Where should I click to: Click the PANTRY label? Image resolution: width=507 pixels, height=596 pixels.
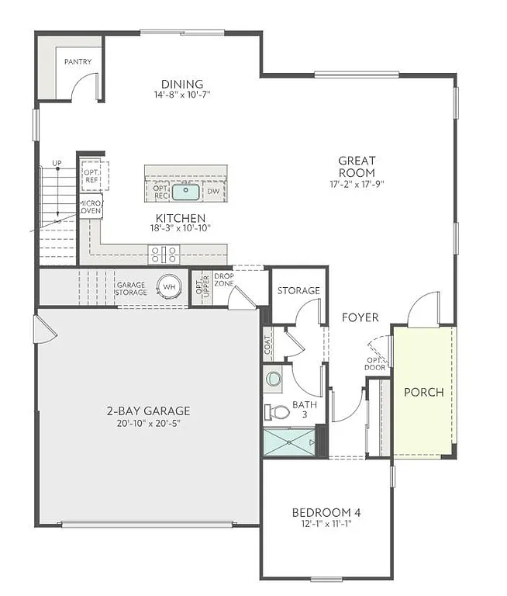(x=78, y=61)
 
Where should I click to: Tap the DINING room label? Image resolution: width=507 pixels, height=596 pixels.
(x=182, y=84)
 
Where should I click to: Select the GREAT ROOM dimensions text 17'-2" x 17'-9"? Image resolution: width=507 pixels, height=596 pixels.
(x=357, y=184)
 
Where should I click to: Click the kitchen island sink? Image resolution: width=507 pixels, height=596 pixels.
(x=185, y=190)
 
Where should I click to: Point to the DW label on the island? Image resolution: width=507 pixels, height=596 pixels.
(x=213, y=190)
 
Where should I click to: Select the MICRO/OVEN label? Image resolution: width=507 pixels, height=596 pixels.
(x=90, y=206)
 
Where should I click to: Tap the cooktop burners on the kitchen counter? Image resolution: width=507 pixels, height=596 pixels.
(x=164, y=254)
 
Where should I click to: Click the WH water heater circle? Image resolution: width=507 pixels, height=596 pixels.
(x=169, y=286)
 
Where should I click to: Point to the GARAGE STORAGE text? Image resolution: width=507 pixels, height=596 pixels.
(x=131, y=289)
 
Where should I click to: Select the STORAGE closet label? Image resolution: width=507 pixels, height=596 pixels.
(x=298, y=290)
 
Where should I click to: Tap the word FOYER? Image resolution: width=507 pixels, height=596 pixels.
(x=360, y=317)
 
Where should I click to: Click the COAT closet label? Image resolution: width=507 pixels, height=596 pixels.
(x=268, y=341)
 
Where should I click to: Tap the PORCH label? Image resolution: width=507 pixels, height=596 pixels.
(x=424, y=392)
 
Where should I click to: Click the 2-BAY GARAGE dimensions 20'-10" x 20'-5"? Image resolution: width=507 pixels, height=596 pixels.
(x=150, y=424)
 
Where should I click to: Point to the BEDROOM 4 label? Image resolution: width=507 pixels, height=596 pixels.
(x=326, y=512)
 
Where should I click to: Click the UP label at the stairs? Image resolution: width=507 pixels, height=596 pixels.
(x=57, y=163)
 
